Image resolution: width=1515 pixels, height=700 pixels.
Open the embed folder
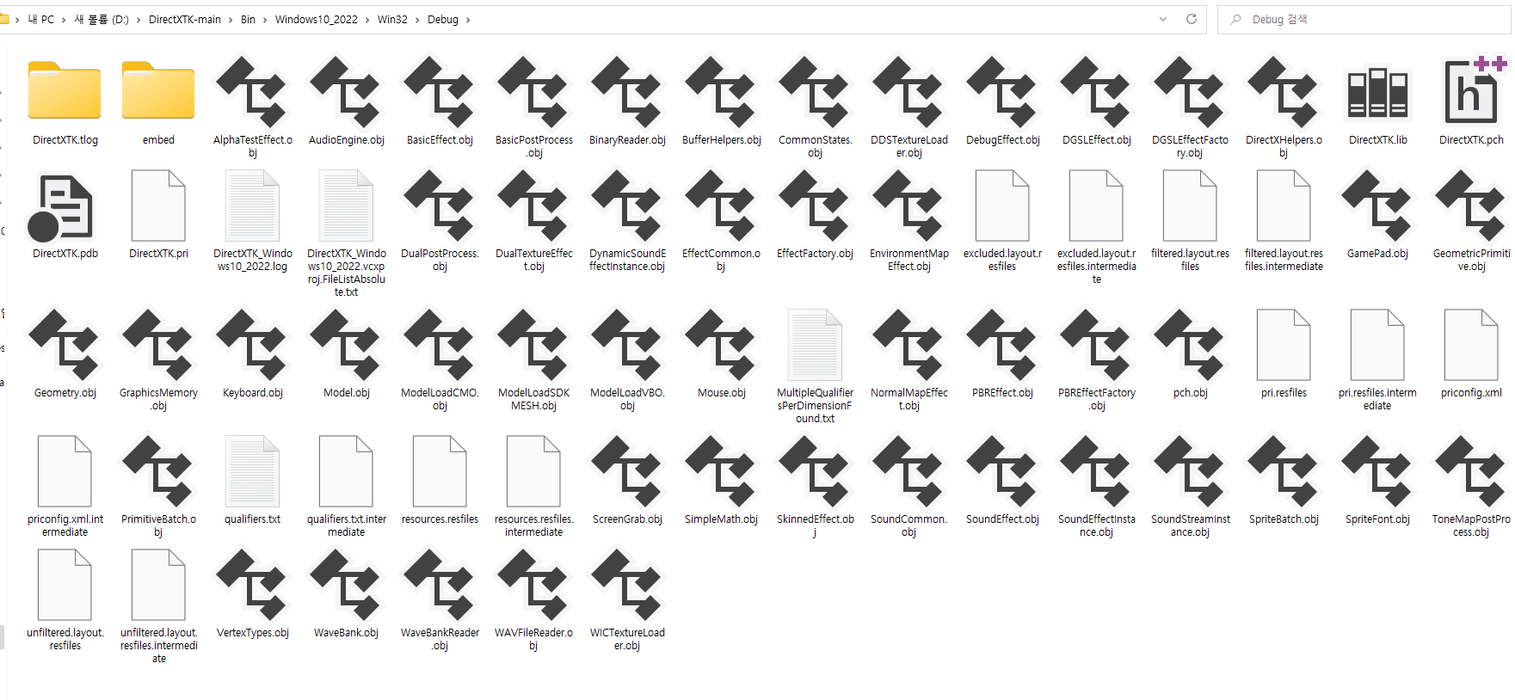pyautogui.click(x=158, y=90)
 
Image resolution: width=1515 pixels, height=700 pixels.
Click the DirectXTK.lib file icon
pyautogui.click(x=1377, y=92)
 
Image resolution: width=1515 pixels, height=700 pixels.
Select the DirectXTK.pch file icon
pyautogui.click(x=1471, y=90)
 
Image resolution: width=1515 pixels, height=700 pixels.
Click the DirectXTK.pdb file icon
pyautogui.click(x=65, y=206)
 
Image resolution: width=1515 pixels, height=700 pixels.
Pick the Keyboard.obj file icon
pyautogui.click(x=252, y=344)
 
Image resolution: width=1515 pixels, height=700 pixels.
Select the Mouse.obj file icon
pyautogui.click(x=721, y=344)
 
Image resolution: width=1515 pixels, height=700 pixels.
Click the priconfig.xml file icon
pyautogui.click(x=1471, y=344)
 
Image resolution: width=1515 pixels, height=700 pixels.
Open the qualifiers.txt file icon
pyautogui.click(x=252, y=470)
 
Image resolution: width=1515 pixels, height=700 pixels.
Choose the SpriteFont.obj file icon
pyautogui.click(x=1377, y=470)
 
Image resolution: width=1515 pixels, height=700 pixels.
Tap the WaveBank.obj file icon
pyautogui.click(x=346, y=584)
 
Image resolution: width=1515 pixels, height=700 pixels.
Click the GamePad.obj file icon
pyautogui.click(x=1377, y=206)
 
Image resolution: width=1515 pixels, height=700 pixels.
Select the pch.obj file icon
pyautogui.click(x=1190, y=344)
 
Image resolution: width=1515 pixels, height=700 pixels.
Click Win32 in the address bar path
pyautogui.click(x=392, y=20)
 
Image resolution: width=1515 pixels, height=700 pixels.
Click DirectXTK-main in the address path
pyautogui.click(x=185, y=20)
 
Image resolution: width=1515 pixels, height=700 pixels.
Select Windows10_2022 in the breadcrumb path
pyautogui.click(x=316, y=20)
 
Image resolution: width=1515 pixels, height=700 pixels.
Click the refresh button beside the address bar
pyautogui.click(x=1192, y=19)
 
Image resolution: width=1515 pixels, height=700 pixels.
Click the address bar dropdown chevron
pyautogui.click(x=1163, y=19)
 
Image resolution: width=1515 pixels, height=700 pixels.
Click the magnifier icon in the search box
pyautogui.click(x=1235, y=20)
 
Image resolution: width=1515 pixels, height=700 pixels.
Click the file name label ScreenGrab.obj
pyautogui.click(x=627, y=519)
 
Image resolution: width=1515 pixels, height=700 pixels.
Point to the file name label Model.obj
pyautogui.click(x=346, y=393)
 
